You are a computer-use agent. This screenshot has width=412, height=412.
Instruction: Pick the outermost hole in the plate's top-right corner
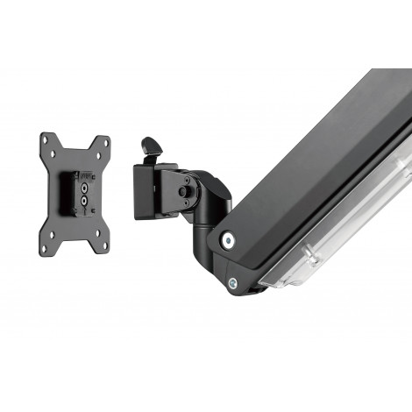click(105, 140)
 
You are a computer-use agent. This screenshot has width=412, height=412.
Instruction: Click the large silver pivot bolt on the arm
click(228, 238)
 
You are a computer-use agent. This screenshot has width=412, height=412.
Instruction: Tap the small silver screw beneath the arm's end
click(234, 282)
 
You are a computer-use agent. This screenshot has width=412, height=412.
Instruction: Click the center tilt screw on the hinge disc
click(184, 191)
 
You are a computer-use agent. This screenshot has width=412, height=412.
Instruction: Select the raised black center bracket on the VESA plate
click(76, 193)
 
